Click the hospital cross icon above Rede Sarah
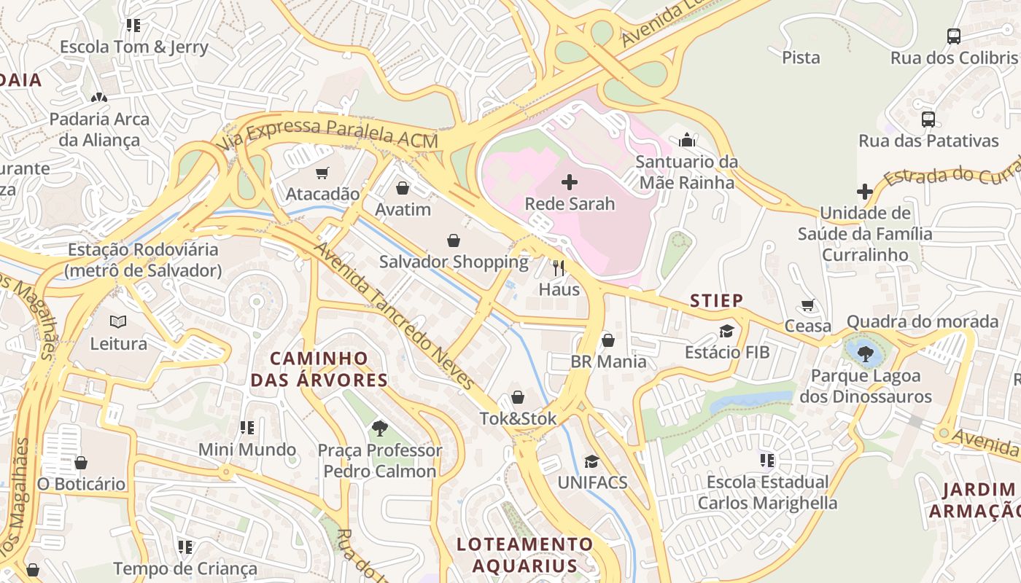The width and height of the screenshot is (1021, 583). (570, 181)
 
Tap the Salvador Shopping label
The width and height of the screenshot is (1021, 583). (454, 262)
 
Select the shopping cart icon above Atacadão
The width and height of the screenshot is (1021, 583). (322, 173)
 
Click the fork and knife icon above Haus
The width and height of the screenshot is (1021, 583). (559, 267)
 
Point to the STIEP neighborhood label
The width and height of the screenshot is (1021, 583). (717, 300)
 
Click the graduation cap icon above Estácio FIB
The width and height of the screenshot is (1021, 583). (726, 332)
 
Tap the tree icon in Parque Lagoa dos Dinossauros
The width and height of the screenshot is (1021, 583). (866, 354)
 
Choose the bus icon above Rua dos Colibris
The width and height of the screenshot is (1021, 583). (953, 36)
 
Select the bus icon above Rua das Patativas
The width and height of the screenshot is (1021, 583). (928, 119)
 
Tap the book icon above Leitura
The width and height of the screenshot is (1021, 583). (118, 321)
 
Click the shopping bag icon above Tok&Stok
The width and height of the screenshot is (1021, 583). (517, 397)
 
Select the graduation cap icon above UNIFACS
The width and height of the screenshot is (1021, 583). (591, 461)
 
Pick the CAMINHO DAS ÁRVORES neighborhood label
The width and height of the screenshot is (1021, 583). (319, 369)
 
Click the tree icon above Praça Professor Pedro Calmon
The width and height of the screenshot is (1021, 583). (379, 428)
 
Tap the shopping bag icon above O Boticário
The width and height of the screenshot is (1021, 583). (81, 463)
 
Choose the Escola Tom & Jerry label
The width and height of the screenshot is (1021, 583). (134, 47)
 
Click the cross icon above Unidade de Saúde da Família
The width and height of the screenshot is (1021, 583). (865, 192)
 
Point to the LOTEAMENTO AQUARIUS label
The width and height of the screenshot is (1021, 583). (525, 555)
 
